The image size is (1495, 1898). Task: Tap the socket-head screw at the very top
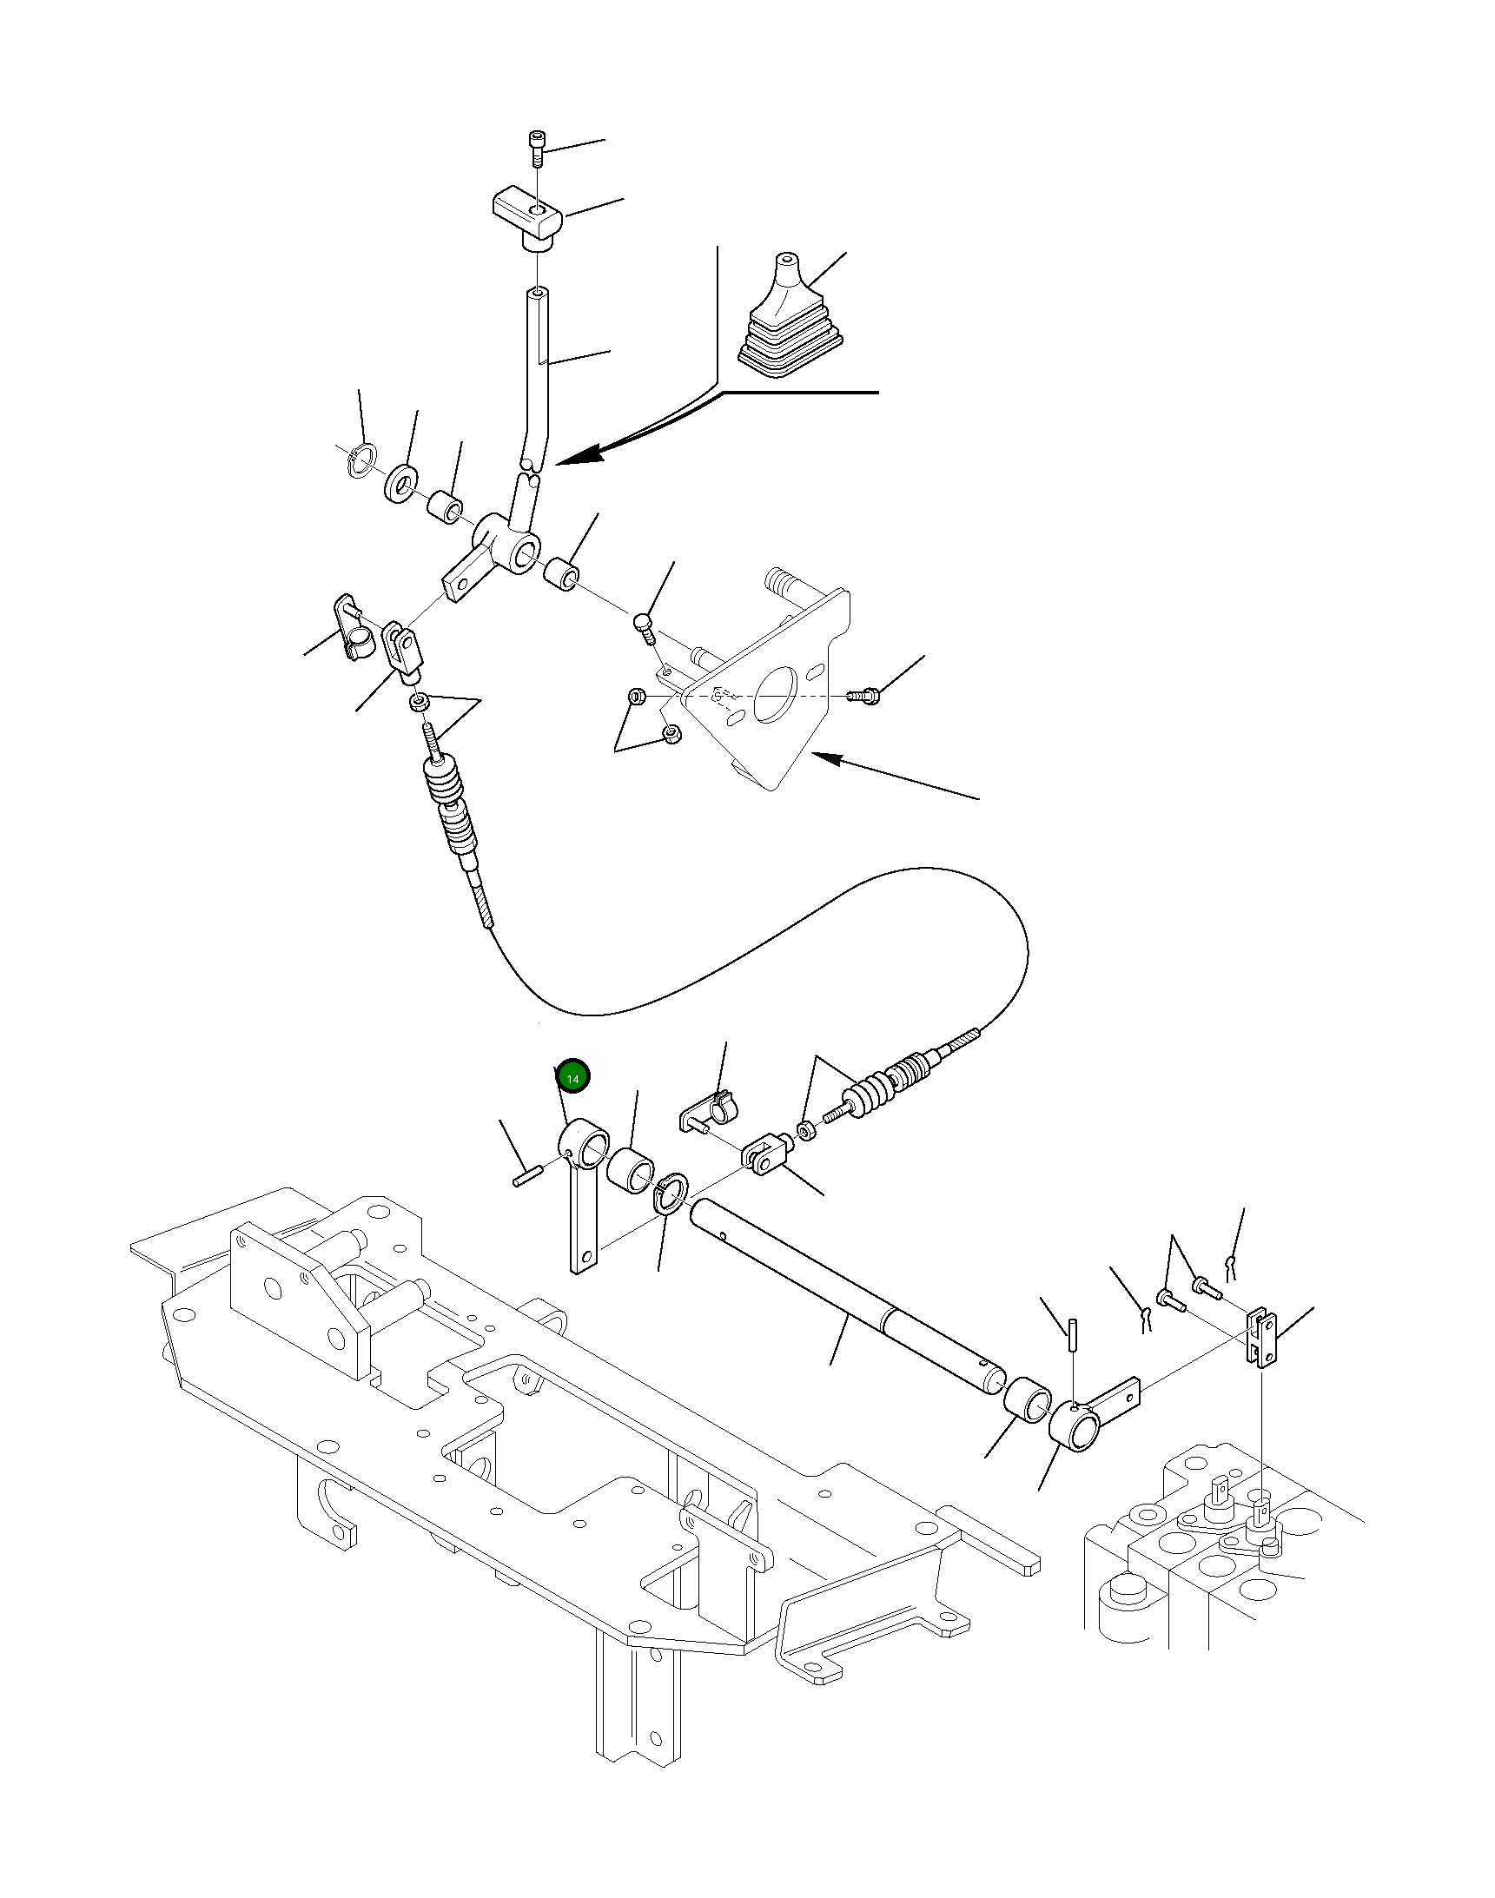(537, 149)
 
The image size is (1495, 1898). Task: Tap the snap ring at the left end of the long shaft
(672, 1195)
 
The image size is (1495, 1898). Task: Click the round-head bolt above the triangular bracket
(645, 627)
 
